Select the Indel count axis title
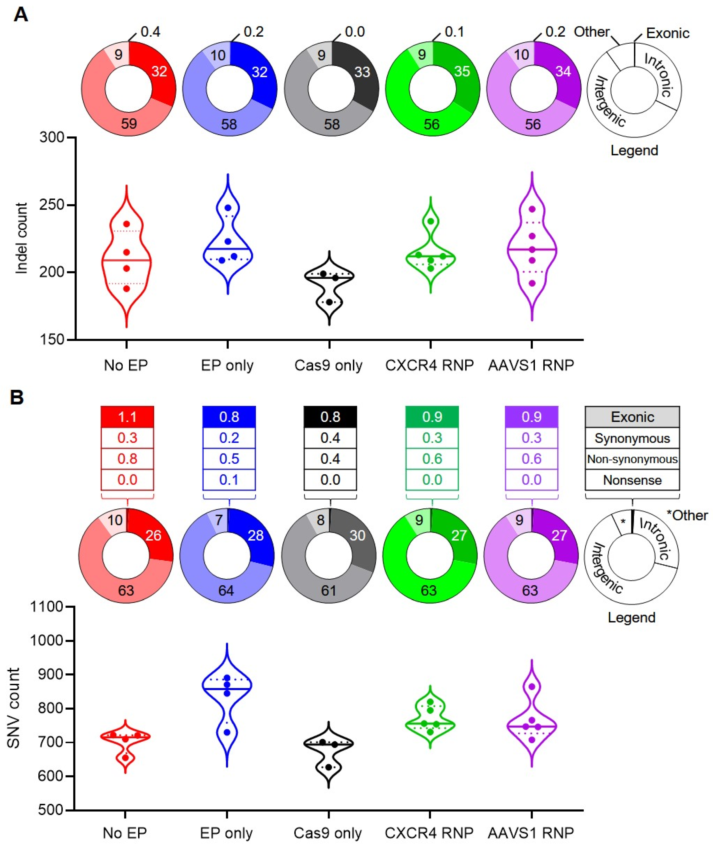21,238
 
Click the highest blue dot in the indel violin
228,208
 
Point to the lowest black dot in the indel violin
330,302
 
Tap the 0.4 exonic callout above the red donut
150,32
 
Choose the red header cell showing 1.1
127,417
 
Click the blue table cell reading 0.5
229,459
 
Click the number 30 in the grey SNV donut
357,535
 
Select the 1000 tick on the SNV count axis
46,641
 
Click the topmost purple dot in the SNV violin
532,687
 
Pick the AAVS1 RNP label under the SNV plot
531,833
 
